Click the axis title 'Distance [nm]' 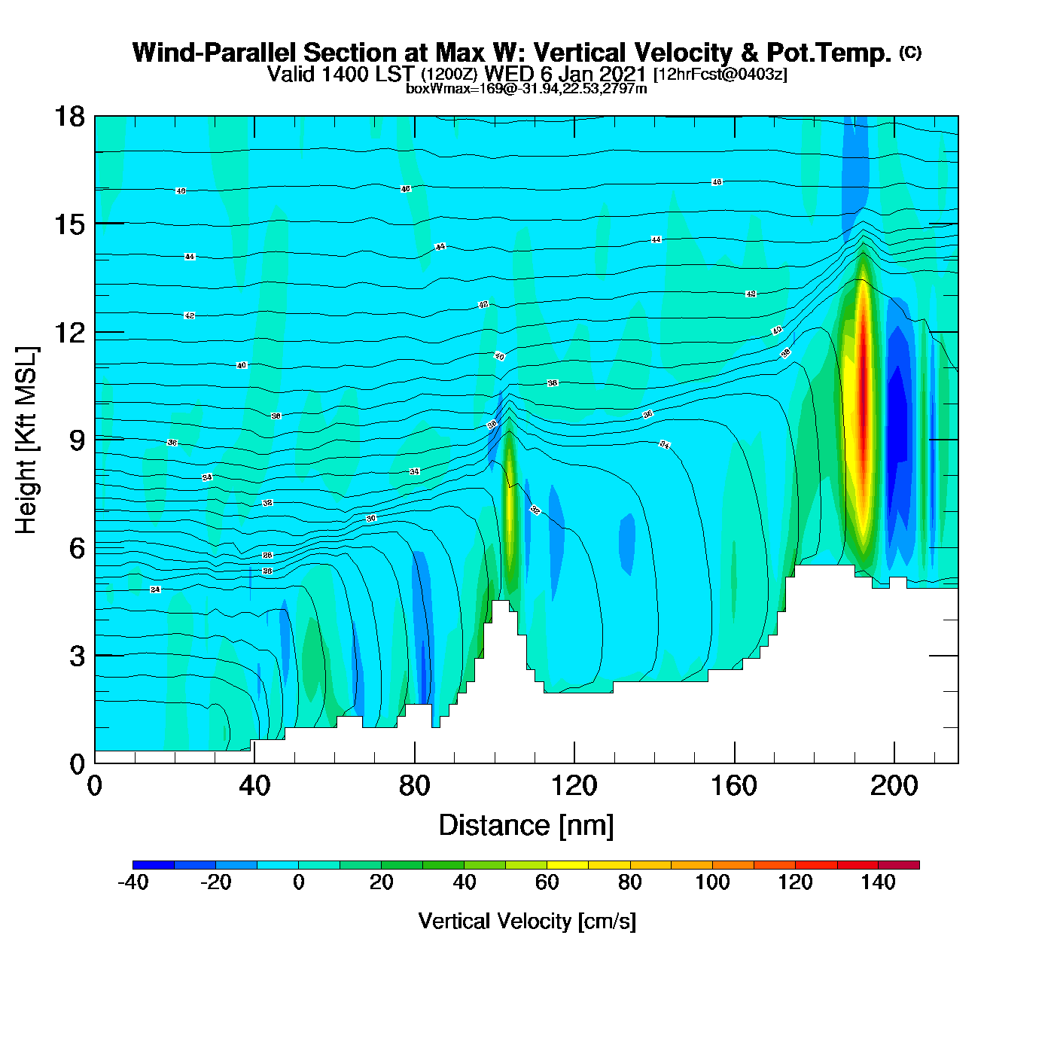pos(526,826)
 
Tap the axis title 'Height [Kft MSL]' pos(26,440)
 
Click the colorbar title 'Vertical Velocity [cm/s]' pos(527,921)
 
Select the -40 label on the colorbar pos(133,882)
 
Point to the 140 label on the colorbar pos(878,882)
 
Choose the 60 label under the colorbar pos(547,882)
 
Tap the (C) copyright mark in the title pos(910,52)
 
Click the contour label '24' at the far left pos(155,589)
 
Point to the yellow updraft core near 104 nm pos(510,504)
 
